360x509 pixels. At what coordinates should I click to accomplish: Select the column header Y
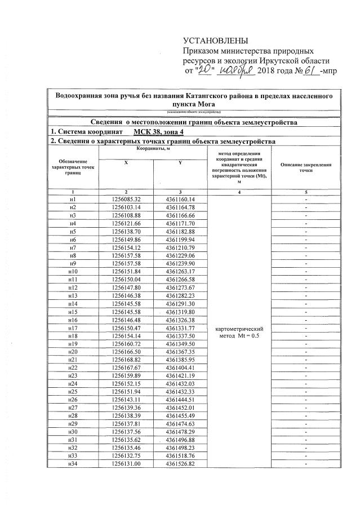(x=180, y=163)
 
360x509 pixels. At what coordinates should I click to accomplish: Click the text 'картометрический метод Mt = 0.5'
(x=240, y=332)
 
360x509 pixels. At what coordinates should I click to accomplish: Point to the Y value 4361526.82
(x=180, y=464)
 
